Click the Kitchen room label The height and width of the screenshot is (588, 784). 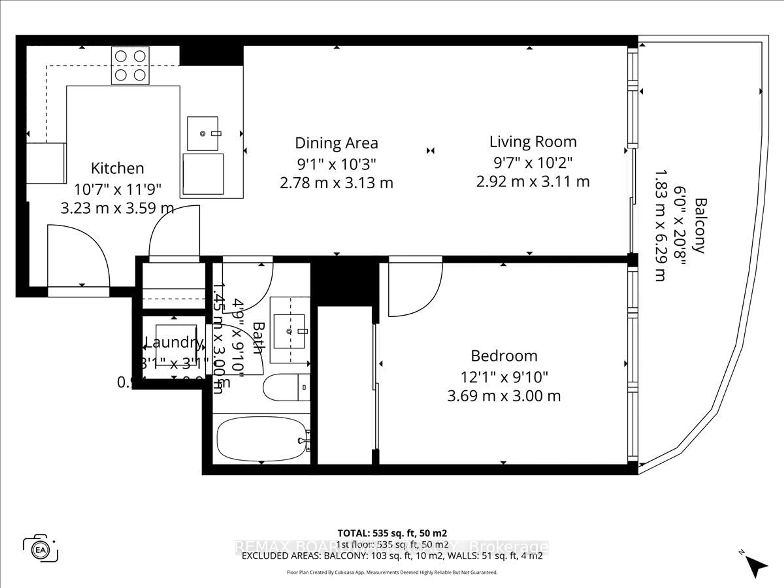117,168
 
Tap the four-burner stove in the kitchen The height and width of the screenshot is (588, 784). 130,66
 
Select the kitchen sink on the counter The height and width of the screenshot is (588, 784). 202,134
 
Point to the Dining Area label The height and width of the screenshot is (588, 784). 336,143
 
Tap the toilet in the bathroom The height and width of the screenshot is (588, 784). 286,387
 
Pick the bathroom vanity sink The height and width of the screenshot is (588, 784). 289,331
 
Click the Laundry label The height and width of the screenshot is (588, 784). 174,342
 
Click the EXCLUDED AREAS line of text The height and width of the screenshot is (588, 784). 392,556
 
